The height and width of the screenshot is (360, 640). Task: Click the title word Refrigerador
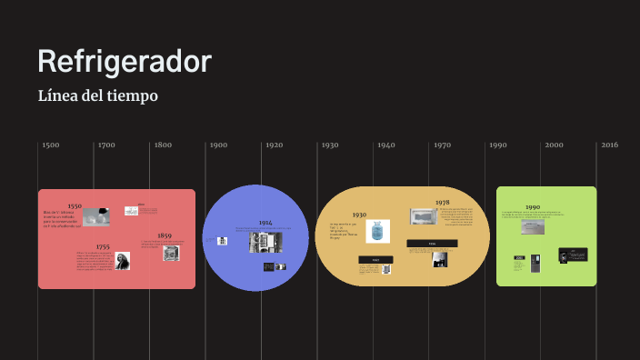click(x=125, y=62)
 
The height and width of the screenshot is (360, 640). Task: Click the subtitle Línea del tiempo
click(x=98, y=95)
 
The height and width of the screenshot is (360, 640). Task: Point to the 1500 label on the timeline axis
click(x=51, y=145)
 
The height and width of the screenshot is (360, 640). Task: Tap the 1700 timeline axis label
click(x=106, y=145)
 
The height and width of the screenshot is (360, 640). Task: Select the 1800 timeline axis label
click(x=163, y=145)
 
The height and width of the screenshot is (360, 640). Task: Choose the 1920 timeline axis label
click(x=274, y=145)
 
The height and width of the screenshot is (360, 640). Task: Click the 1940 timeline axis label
click(x=385, y=145)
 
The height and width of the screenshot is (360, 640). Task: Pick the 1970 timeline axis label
click(x=442, y=145)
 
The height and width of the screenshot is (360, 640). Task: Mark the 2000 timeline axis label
click(x=554, y=145)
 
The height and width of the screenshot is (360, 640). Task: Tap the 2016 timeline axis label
click(x=609, y=145)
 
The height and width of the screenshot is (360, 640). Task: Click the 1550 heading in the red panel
click(x=75, y=206)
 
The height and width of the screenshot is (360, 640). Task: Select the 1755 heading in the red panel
click(x=103, y=246)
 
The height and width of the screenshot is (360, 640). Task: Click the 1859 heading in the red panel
click(x=165, y=235)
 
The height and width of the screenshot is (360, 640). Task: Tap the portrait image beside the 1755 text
click(x=122, y=261)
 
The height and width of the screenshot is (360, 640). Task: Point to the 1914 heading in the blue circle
click(x=265, y=223)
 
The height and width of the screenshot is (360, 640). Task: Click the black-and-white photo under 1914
click(x=265, y=242)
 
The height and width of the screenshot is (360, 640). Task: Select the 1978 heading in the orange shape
click(x=442, y=203)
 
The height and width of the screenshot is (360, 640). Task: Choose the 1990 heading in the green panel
click(x=533, y=207)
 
